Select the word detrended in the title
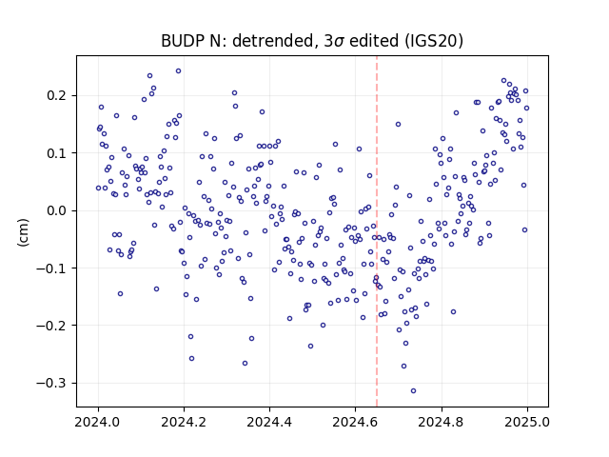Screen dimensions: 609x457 [x=273, y=41]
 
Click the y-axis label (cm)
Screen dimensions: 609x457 [x=23, y=232]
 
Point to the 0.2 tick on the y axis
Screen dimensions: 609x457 [x=57, y=95]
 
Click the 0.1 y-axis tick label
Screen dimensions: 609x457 [x=57, y=153]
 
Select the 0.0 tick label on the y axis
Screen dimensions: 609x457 [x=57, y=210]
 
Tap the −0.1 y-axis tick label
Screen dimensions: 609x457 [x=52, y=268]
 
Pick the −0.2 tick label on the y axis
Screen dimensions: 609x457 [x=52, y=326]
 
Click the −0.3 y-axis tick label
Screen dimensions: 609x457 [x=52, y=383]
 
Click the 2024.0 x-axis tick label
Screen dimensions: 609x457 [x=98, y=422]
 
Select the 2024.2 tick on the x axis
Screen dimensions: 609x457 [x=184, y=422]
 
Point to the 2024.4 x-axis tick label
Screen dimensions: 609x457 [x=269, y=422]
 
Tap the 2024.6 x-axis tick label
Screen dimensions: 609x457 [x=355, y=422]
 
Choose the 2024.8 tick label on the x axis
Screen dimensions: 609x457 [x=441, y=422]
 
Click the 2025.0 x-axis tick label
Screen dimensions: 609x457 [x=526, y=422]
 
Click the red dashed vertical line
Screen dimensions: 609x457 [x=377, y=231]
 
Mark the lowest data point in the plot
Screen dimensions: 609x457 [x=413, y=390]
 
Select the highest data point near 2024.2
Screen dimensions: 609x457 [x=178, y=70]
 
